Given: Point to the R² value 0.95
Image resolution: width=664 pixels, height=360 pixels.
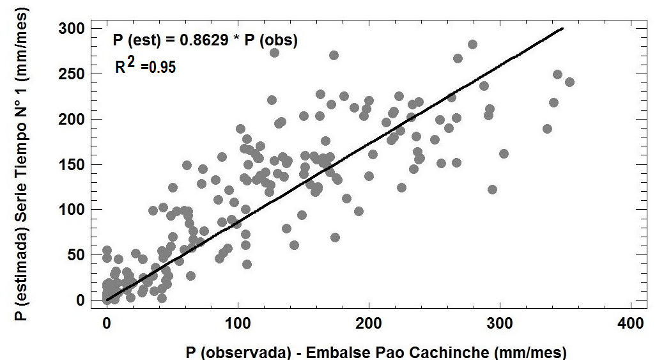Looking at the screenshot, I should [x=162, y=67].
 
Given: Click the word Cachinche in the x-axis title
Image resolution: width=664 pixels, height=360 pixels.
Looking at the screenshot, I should [x=467, y=352].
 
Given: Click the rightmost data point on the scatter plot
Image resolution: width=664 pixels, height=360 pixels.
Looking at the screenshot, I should [x=569, y=82].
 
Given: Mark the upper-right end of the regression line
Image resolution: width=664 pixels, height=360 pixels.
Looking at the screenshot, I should [x=562, y=28].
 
